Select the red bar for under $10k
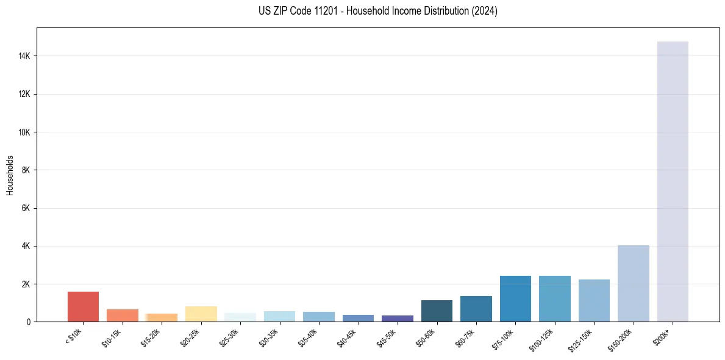tap(83, 306)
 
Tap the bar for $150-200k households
tap(633, 283)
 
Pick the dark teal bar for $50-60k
tap(437, 311)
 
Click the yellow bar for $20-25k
tap(201, 314)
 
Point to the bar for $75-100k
tap(515, 298)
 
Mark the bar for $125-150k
tap(594, 300)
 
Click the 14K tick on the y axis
tap(26, 56)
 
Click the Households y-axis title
tap(10, 175)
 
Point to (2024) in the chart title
tap(485, 11)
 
